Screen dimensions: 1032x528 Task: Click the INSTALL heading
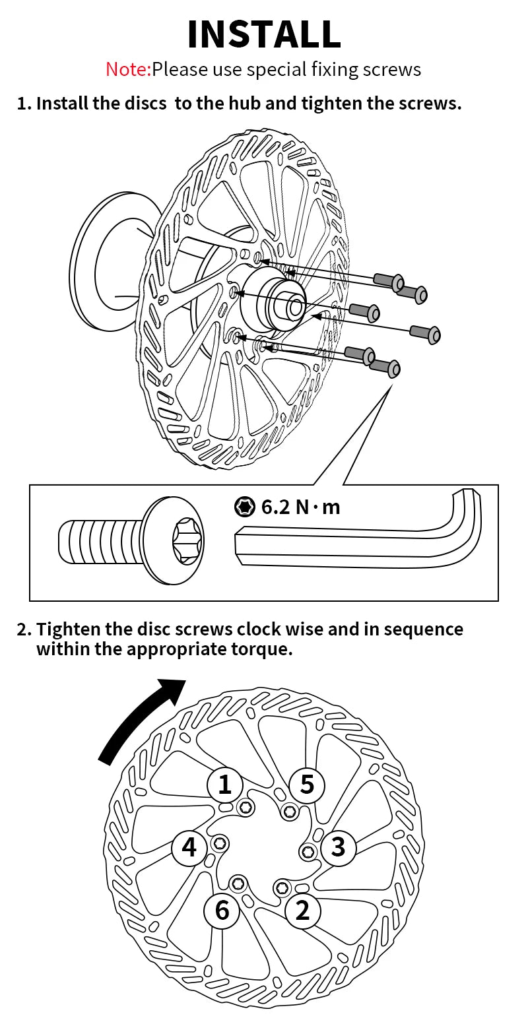[x=264, y=34]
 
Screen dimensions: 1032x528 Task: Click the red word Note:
[x=129, y=69]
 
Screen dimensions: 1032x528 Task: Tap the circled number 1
[x=224, y=785]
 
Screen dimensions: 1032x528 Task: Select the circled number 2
[x=302, y=911]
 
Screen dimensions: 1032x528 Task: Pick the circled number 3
[x=338, y=847]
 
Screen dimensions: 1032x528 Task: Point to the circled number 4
[x=189, y=847]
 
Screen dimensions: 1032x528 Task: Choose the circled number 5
[x=307, y=784]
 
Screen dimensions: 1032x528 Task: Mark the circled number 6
[x=222, y=911]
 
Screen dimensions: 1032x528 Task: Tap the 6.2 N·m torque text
[x=301, y=507]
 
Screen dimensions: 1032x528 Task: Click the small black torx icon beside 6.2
[x=245, y=507]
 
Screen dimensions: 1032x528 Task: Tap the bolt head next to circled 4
[x=220, y=843]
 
